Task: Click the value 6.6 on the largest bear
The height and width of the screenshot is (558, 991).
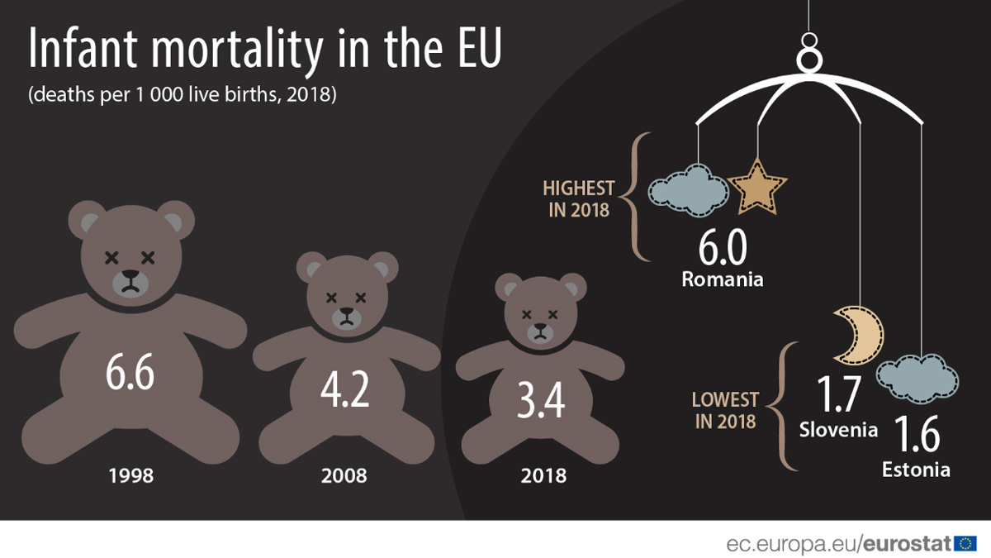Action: click(130, 374)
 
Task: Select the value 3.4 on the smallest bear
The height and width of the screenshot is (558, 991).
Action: click(541, 403)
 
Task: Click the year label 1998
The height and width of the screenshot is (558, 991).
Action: click(130, 476)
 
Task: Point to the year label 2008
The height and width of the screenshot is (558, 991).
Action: click(344, 476)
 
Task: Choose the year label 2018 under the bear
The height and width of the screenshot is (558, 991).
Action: click(543, 476)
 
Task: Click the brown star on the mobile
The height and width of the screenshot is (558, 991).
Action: click(757, 186)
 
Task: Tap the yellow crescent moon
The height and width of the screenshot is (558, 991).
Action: click(859, 335)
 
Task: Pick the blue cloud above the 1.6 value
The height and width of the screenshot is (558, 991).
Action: click(918, 379)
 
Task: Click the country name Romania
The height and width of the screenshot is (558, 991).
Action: click(723, 279)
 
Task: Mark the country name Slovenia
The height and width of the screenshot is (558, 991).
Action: click(838, 430)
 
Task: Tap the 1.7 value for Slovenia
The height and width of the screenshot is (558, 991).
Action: click(838, 395)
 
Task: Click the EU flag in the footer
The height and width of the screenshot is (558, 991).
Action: click(965, 543)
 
